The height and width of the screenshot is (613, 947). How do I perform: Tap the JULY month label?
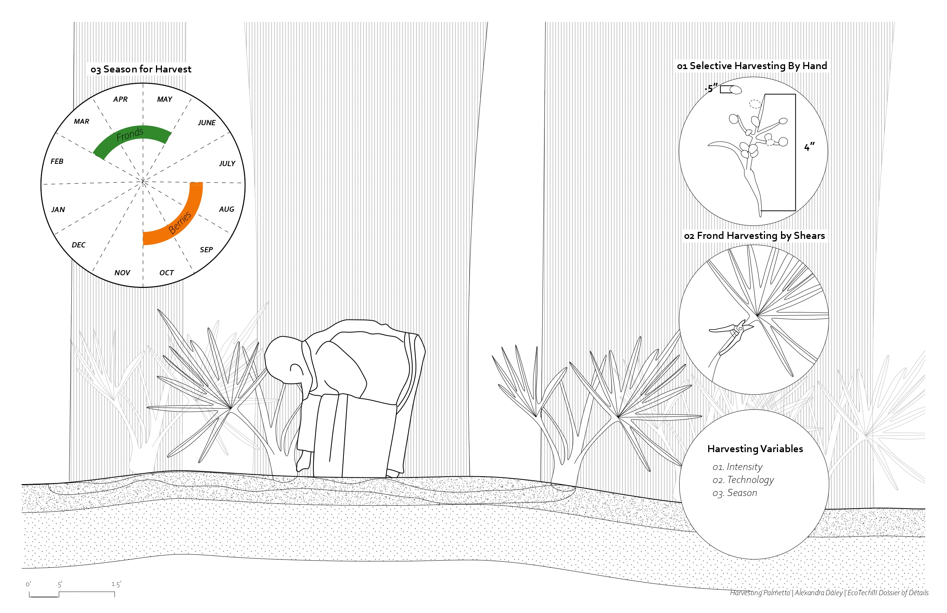[x=227, y=163]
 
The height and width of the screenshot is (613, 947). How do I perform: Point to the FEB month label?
[x=57, y=161]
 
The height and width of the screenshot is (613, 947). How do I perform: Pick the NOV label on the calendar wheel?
[x=122, y=273]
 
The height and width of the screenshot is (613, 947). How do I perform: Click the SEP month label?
[x=206, y=250]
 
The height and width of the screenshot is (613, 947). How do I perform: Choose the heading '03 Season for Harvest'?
[x=141, y=69]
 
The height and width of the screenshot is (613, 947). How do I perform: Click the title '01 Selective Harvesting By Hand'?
[x=752, y=66]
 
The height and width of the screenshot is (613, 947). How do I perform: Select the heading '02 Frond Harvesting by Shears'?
[x=754, y=236]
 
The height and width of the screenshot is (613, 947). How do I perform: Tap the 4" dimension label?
[x=809, y=147]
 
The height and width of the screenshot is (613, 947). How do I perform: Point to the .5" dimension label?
[x=711, y=88]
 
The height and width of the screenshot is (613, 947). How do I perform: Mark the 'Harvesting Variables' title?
[x=755, y=449]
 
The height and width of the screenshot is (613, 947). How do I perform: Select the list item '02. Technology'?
[x=743, y=480]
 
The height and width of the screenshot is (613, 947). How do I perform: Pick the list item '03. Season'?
[x=735, y=493]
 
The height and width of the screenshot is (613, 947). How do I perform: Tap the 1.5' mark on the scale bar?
[x=116, y=584]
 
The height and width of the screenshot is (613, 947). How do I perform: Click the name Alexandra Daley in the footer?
[x=819, y=593]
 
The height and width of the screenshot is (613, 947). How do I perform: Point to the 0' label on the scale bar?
[x=28, y=584]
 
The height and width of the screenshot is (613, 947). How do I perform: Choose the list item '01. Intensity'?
[x=737, y=467]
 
